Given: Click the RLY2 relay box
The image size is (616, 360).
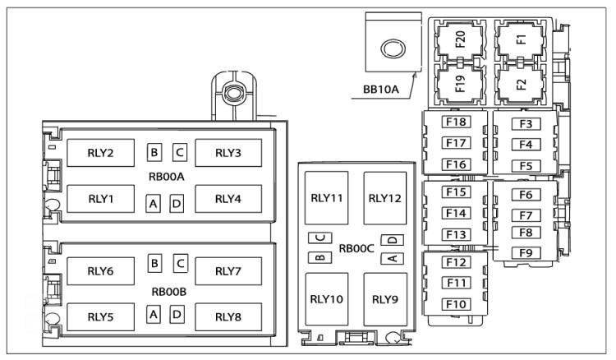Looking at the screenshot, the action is [x=100, y=153].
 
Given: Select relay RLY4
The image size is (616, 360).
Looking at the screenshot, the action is [x=228, y=199].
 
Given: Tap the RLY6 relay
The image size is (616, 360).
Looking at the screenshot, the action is [x=100, y=271].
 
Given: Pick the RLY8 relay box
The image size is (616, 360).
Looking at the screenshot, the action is [x=228, y=316].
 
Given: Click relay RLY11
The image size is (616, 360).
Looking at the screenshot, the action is [x=326, y=198].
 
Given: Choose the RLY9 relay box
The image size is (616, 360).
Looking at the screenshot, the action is [x=385, y=299].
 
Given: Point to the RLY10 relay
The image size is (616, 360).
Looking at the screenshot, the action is [x=326, y=299].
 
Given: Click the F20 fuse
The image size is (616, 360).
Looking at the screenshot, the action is [x=460, y=39].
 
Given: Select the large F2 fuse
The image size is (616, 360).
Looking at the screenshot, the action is [x=521, y=84].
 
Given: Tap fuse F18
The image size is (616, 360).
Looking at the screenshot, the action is [x=456, y=122].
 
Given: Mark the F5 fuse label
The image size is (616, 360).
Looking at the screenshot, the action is [x=526, y=166].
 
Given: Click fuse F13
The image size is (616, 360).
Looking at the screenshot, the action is [x=456, y=234].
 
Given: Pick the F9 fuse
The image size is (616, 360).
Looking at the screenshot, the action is [x=526, y=252].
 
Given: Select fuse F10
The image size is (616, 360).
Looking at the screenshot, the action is [x=456, y=304].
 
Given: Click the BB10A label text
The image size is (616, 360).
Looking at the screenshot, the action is [x=380, y=90].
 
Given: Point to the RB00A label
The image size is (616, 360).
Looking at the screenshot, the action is [x=167, y=177].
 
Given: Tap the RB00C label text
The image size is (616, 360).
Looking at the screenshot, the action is [x=356, y=248].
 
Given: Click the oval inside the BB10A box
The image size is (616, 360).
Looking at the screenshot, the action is [x=393, y=49].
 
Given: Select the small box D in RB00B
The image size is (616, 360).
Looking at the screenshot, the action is [x=177, y=315].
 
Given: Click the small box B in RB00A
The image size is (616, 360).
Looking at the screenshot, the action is [x=154, y=152].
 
